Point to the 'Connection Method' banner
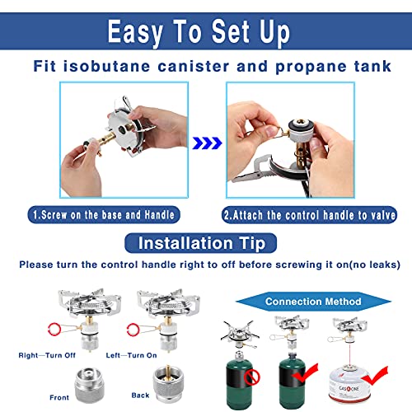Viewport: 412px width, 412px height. pos(312,302)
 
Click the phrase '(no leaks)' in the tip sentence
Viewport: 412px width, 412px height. pos(372,265)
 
